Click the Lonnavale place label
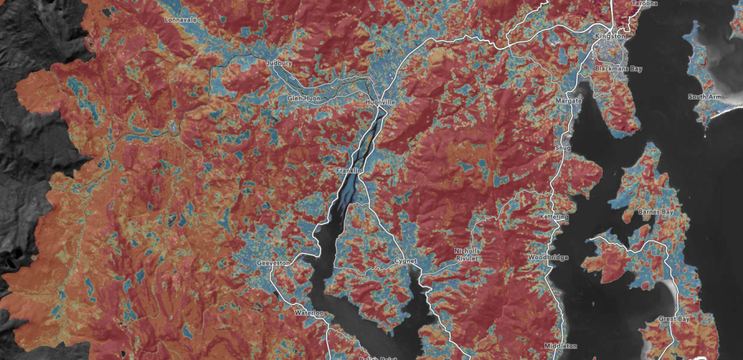pyautogui.click(x=181, y=20)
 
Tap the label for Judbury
pyautogui.click(x=279, y=63)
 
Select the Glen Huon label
pyautogui.click(x=303, y=97)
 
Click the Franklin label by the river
pyautogui.click(x=348, y=170)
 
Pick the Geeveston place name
pyautogui.click(x=274, y=263)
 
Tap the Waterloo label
pyautogui.click(x=308, y=312)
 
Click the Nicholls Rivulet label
pyautogui.click(x=467, y=254)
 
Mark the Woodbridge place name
pyautogui.click(x=549, y=258)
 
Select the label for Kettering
pyautogui.click(x=555, y=217)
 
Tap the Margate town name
pyautogui.click(x=569, y=100)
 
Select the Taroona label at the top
pyautogui.click(x=644, y=4)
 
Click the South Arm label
pyautogui.click(x=704, y=97)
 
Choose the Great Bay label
pyautogui.click(x=674, y=319)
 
